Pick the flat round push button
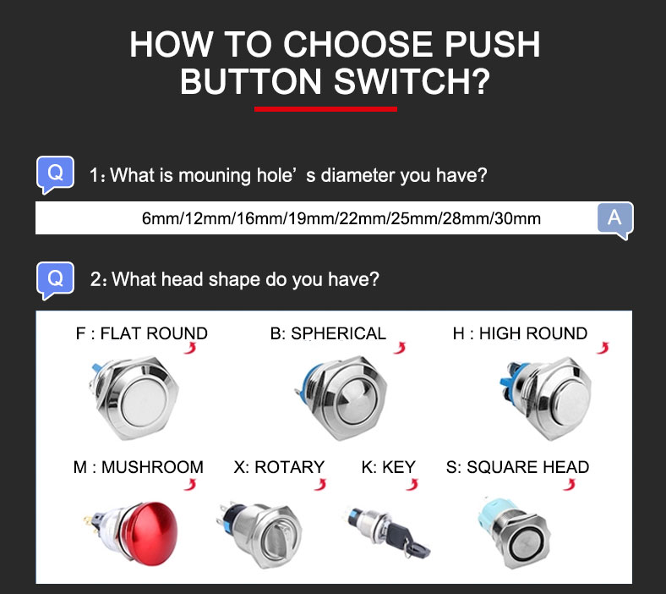[x=136, y=399]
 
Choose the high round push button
[x=547, y=399]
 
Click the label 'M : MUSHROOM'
[x=138, y=467]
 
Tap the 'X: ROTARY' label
[x=279, y=467]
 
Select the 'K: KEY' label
[x=388, y=467]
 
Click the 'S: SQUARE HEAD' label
[x=517, y=467]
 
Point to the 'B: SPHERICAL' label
[x=328, y=333]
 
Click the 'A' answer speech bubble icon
[x=615, y=220]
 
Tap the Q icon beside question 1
[x=55, y=174]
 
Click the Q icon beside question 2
[x=55, y=280]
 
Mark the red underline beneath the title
[x=325, y=109]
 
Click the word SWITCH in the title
[x=412, y=81]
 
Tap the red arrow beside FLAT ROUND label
[x=190, y=348]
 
